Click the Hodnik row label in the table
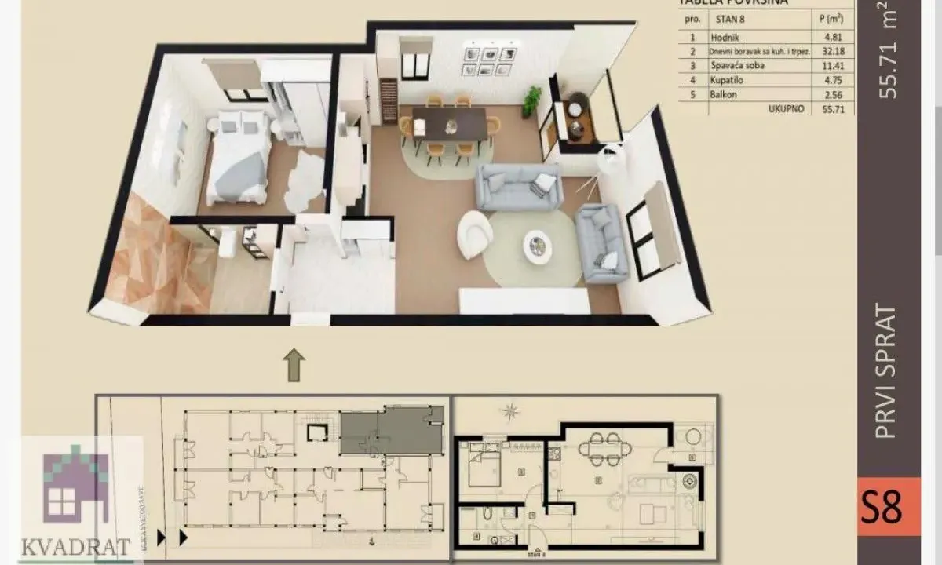pyautogui.click(x=724, y=36)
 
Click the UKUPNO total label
pyautogui.click(x=787, y=109)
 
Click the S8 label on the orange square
pyautogui.click(x=889, y=506)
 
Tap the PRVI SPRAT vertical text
pyautogui.click(x=886, y=374)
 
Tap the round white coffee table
pyautogui.click(x=538, y=246)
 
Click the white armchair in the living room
pyautogui.click(x=475, y=234)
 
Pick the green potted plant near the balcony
pyautogui.click(x=532, y=100)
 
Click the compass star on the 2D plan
pyautogui.click(x=512, y=410)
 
